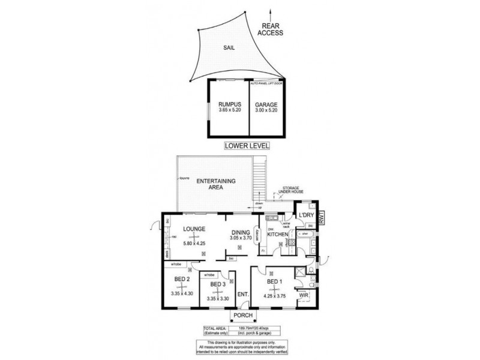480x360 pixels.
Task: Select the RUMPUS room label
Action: pyautogui.click(x=230, y=104)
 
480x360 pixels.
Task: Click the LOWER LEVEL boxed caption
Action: pyautogui.click(x=247, y=146)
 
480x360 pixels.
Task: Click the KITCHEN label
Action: pyautogui.click(x=278, y=235)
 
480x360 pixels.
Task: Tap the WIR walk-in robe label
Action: pyautogui.click(x=304, y=296)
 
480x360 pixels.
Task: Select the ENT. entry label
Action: pyautogui.click(x=243, y=294)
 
